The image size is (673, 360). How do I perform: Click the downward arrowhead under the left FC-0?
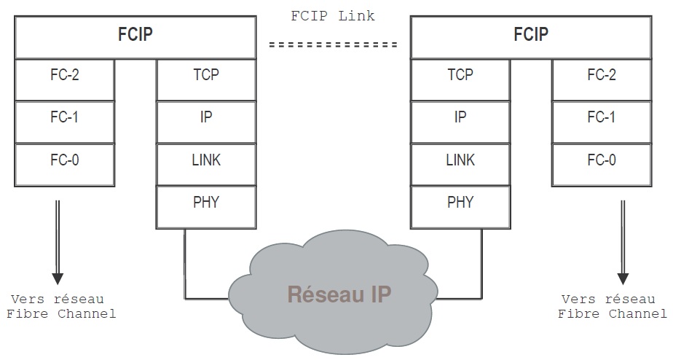pyautogui.click(x=58, y=278)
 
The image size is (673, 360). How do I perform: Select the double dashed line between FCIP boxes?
pyautogui.click(x=333, y=45)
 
